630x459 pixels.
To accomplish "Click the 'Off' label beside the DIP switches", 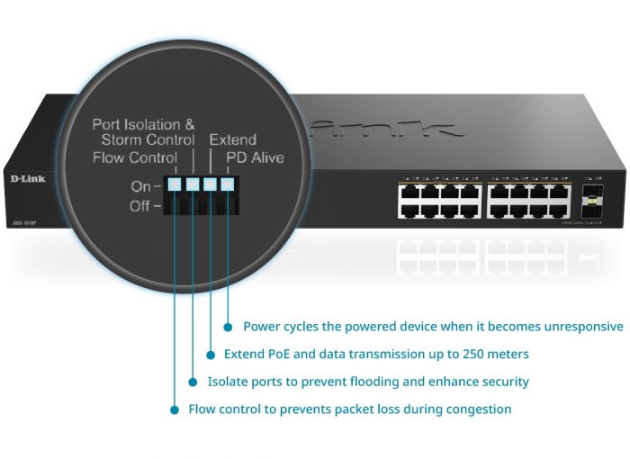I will (x=140, y=206).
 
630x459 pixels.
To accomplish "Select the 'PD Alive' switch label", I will (x=255, y=158).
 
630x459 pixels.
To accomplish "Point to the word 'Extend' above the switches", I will (x=233, y=140).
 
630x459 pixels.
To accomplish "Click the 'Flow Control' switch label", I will (x=135, y=158).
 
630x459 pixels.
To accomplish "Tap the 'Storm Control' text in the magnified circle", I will (x=148, y=140).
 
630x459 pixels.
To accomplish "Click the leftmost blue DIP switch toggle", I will (x=175, y=185).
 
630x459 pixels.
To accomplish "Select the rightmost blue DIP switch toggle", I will (x=227, y=185).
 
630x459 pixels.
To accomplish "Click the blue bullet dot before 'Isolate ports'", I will (x=193, y=382).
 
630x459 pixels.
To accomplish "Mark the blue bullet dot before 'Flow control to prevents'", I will (x=175, y=409).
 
